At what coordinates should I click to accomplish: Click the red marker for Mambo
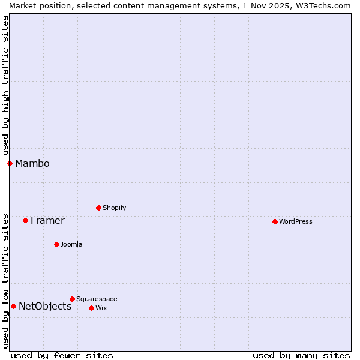(10, 163)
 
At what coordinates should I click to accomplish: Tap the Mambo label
(32, 163)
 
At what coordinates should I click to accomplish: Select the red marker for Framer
(25, 220)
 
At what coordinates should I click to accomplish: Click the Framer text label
(47, 220)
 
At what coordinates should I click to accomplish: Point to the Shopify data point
(98, 208)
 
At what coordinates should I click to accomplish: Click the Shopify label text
(114, 208)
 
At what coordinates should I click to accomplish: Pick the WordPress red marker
(275, 221)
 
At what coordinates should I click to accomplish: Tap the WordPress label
(295, 221)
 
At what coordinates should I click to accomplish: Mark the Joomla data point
(56, 244)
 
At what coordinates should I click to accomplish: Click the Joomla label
(71, 244)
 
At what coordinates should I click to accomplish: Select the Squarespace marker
(72, 299)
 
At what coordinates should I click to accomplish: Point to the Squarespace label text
(97, 299)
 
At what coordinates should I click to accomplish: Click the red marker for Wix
(91, 308)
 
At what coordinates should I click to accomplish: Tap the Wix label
(101, 308)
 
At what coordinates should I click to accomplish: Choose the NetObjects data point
(13, 306)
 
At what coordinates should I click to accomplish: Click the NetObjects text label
(45, 306)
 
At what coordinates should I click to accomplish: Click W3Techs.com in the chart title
(321, 5)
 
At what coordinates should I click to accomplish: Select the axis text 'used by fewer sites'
(62, 355)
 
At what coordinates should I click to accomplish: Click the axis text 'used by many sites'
(301, 355)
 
